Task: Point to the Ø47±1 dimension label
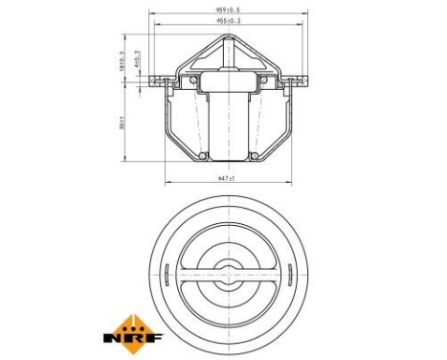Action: [226, 178]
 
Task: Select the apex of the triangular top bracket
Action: [226, 37]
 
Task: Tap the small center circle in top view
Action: [226, 273]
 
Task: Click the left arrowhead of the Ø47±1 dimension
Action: [168, 183]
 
